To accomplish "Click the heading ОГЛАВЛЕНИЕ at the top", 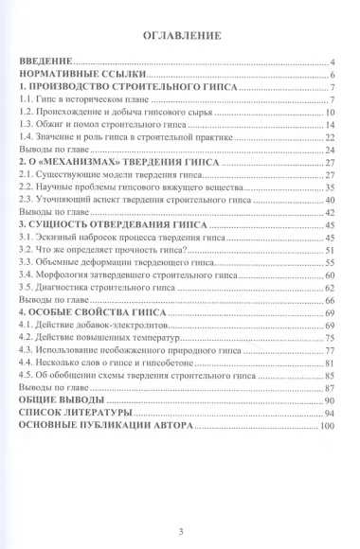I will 180,39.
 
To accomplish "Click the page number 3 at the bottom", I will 180,505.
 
